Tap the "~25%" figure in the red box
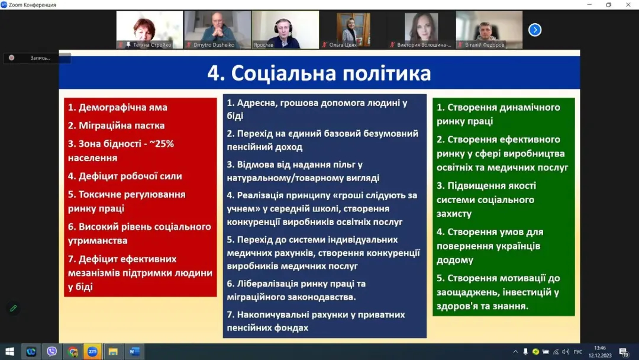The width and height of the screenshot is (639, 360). pos(162,144)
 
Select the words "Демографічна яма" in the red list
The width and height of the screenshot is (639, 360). pos(122,107)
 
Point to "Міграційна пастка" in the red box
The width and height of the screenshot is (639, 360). pos(121,126)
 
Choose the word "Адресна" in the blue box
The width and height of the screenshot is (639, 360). pos(256,103)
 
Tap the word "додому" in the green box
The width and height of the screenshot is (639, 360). pos(455,260)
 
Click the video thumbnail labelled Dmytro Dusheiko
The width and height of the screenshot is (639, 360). pos(218,30)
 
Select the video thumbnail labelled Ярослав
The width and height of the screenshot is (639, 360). pos(285,30)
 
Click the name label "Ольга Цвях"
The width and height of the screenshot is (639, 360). pos(343,45)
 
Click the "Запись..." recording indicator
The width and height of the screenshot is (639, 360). pos(37,58)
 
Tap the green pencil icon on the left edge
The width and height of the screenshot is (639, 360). pos(14,308)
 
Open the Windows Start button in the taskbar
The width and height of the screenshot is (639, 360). pos(10,352)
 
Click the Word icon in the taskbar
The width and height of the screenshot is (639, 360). pos(134,352)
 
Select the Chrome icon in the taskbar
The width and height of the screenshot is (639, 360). pos(73,352)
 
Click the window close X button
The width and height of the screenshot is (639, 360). pos(628,5)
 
